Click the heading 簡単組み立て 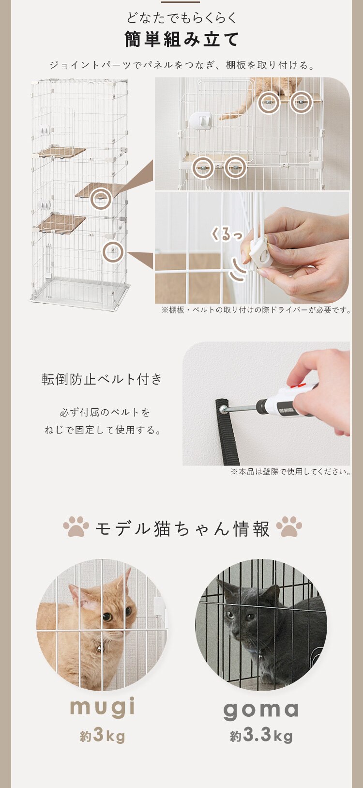point(181,39)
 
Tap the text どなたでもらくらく point(181,17)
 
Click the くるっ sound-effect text point(227,234)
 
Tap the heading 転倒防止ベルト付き point(102,379)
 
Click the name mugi point(102,707)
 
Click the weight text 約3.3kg point(261,735)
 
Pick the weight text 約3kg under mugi point(102,735)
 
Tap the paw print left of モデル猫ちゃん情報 point(76,526)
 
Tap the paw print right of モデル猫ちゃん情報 point(289,526)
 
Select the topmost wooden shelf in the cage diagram point(62,152)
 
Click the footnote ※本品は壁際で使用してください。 point(290,471)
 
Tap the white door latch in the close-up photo point(200,122)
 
